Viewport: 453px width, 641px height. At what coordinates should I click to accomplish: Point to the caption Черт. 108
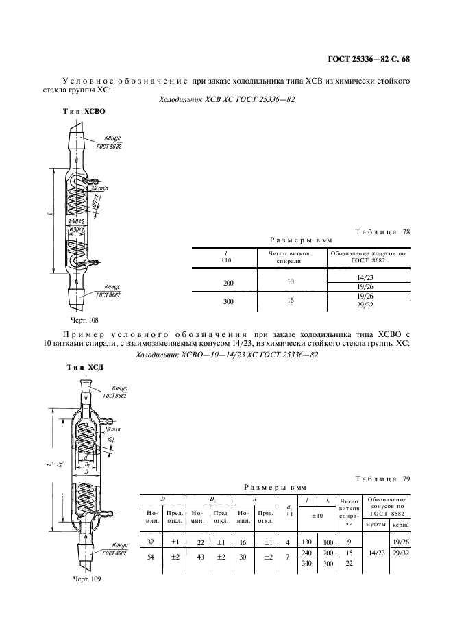(x=84, y=319)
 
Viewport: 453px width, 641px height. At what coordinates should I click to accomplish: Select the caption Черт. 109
(x=86, y=579)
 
